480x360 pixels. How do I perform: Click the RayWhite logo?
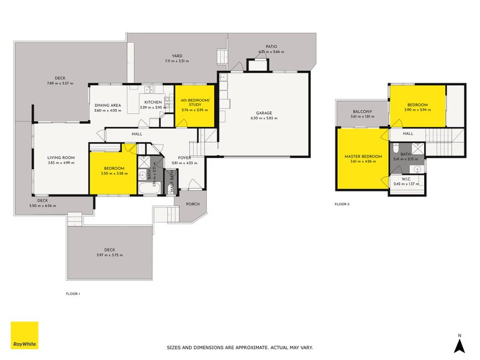click(25, 335)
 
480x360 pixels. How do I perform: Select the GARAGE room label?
click(265, 113)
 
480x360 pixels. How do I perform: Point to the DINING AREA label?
click(108, 105)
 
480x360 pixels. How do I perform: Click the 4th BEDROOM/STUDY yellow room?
click(194, 104)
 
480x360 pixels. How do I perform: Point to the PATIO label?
click(272, 47)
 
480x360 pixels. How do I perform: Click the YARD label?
click(177, 56)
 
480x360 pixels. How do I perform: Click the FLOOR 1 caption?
click(73, 293)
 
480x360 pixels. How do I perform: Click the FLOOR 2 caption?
click(342, 205)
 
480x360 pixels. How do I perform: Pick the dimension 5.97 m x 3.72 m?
click(109, 255)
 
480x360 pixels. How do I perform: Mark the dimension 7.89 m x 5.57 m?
click(60, 83)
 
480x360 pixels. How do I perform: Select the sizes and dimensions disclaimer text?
click(239, 347)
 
